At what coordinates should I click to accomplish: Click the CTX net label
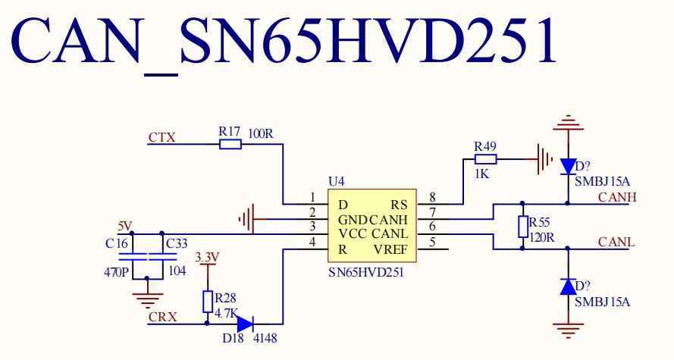[162, 138]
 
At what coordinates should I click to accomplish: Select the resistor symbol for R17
[230, 143]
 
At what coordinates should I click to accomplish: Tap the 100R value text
[260, 134]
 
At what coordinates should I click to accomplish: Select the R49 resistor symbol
[485, 159]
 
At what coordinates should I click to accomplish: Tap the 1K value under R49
[483, 174]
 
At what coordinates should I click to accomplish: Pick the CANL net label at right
[616, 243]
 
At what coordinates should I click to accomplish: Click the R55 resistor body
[522, 227]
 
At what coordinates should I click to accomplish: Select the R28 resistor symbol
[207, 301]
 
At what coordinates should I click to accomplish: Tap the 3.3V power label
[207, 258]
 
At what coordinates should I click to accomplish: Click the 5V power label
[125, 226]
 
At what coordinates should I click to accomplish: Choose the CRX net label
[163, 318]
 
